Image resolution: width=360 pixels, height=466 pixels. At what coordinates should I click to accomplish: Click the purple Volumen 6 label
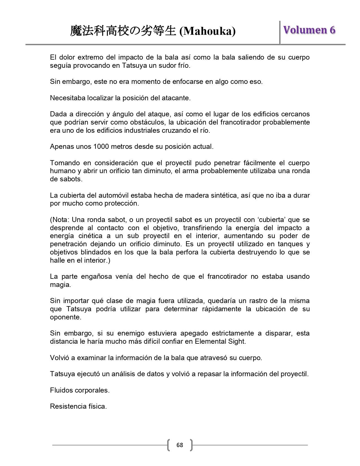pos(309,30)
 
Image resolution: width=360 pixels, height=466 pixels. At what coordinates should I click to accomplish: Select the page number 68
pos(180,445)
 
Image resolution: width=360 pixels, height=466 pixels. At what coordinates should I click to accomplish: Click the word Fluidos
pos(62,390)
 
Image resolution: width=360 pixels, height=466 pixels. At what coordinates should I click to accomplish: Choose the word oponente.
pos(66,317)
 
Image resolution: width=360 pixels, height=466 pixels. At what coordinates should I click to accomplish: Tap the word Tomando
pos(64,163)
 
